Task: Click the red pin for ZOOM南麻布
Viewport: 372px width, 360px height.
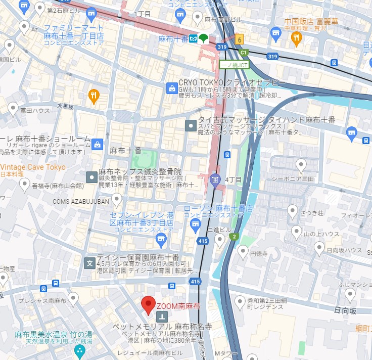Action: coord(148,303)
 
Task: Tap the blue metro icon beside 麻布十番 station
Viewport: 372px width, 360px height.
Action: coord(193,38)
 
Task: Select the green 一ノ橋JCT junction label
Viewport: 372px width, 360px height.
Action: coord(234,65)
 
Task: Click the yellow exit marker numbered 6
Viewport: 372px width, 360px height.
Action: coord(239,39)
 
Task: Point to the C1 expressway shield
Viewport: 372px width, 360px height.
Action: coord(244,52)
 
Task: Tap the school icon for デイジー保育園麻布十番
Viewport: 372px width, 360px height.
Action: coord(89,263)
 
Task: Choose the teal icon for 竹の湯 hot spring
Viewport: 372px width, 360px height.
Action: coord(79,350)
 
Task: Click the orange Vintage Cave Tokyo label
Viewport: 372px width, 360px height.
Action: coord(33,167)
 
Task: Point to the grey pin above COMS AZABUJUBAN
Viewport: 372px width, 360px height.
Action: coord(117,200)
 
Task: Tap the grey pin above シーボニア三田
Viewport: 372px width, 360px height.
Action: coord(301,164)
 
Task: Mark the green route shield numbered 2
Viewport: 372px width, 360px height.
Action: coord(234,236)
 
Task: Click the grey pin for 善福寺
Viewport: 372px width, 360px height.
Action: coord(24,185)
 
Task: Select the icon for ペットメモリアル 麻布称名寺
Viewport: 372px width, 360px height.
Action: coord(162,317)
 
